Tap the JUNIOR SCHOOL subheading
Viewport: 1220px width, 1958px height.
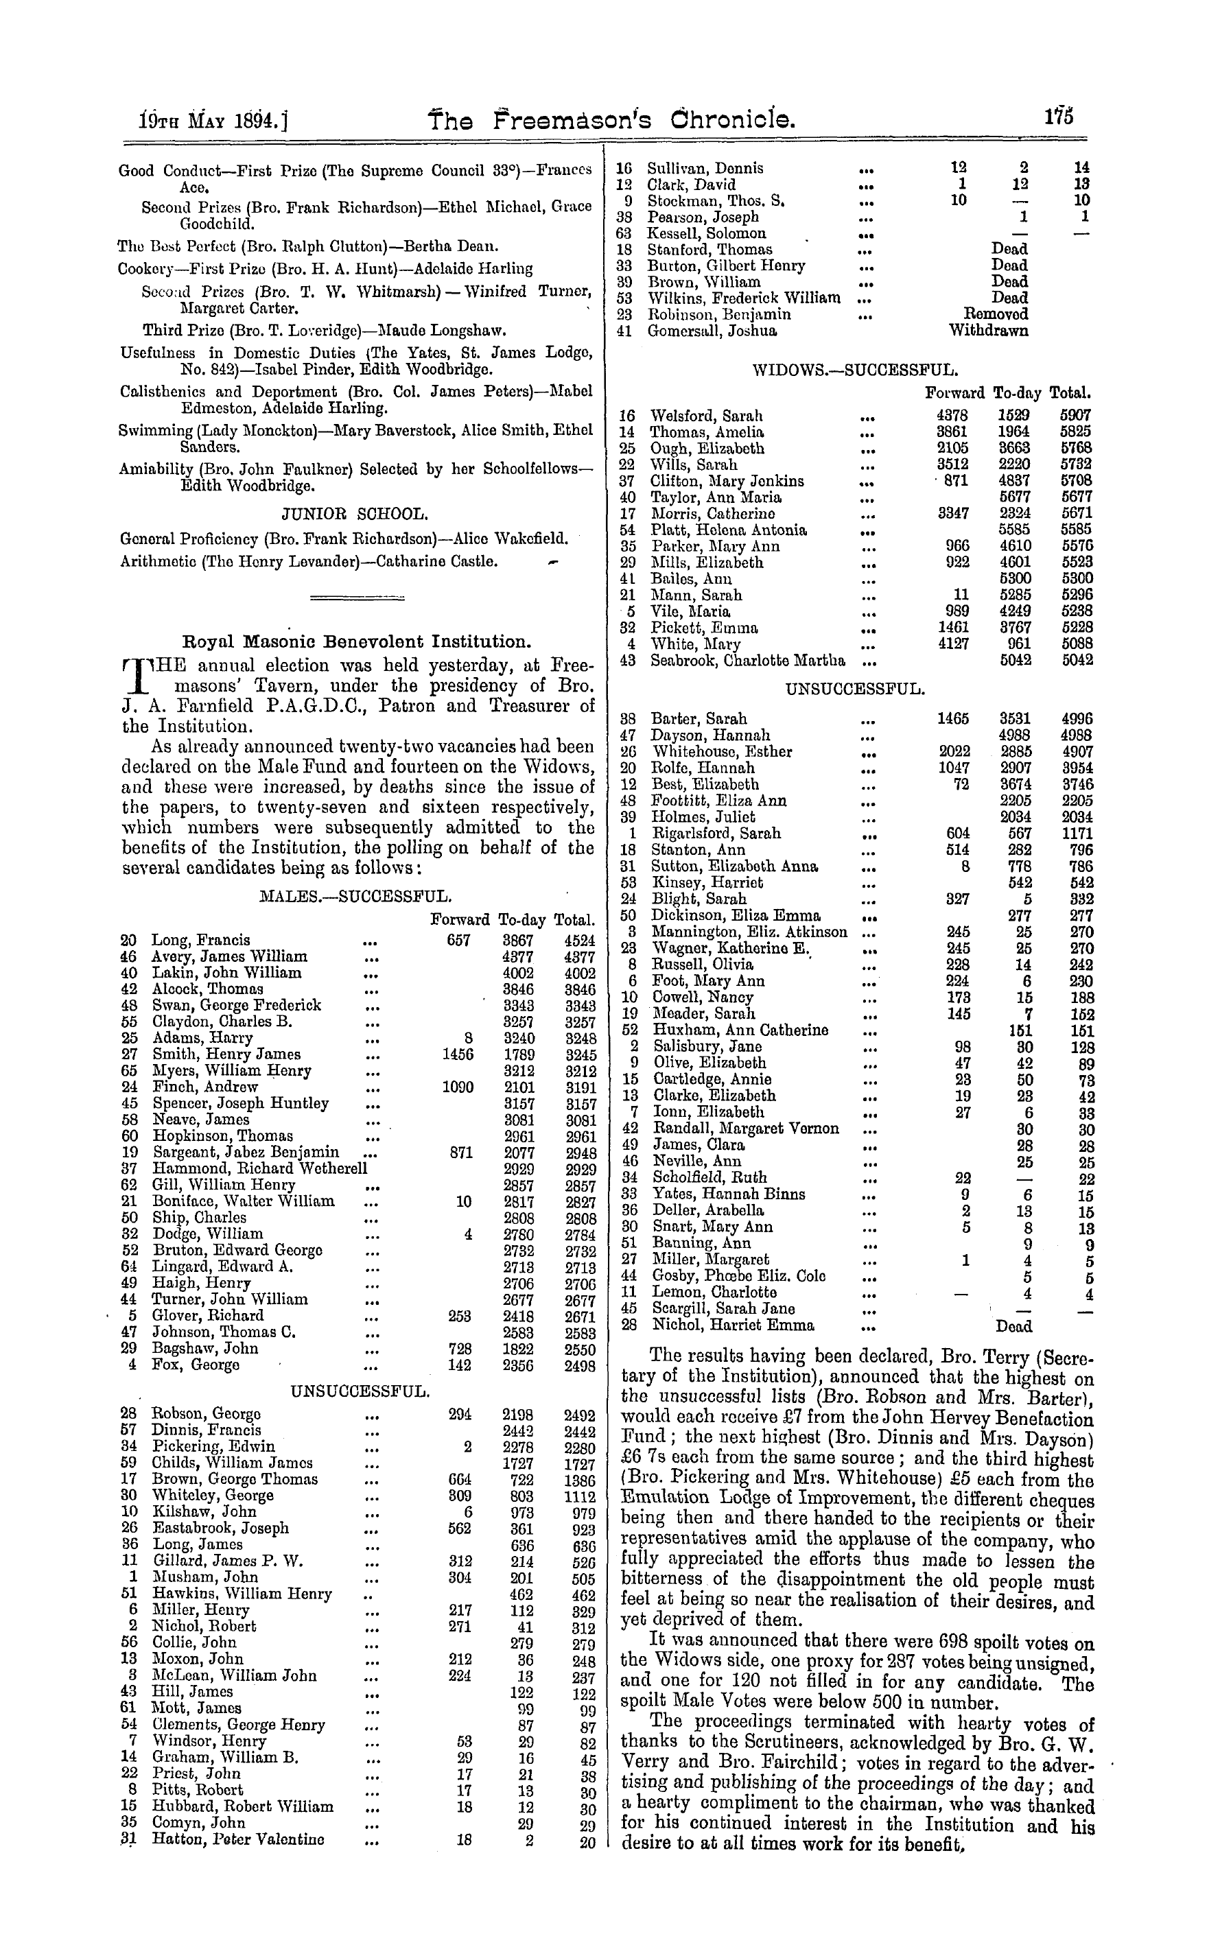pyautogui.click(x=354, y=514)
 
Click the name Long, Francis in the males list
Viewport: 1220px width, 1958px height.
pyautogui.click(x=201, y=940)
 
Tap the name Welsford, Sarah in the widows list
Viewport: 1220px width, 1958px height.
pyautogui.click(x=706, y=416)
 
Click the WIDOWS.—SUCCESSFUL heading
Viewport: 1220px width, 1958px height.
pyautogui.click(x=854, y=370)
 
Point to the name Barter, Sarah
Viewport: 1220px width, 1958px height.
pyautogui.click(x=699, y=719)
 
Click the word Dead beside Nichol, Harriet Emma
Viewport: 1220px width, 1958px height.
pyautogui.click(x=1013, y=1325)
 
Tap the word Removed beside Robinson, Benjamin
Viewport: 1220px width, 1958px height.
pyautogui.click(x=996, y=315)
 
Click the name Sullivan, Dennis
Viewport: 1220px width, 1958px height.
pyautogui.click(x=705, y=169)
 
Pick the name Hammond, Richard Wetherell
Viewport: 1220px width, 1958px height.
pyautogui.click(x=259, y=1168)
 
